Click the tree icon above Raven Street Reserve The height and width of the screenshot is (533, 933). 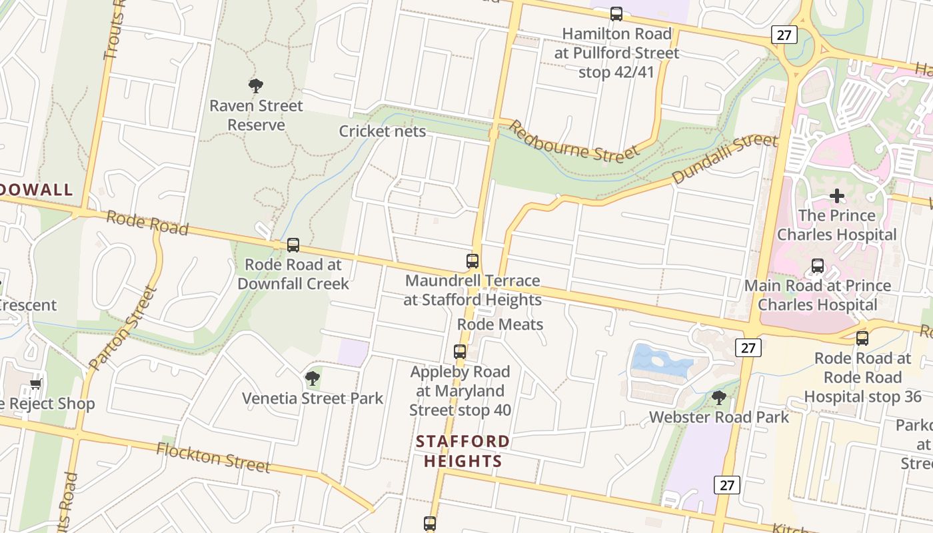256,85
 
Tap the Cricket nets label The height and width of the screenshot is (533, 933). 382,131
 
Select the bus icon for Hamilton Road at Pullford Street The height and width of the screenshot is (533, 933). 616,13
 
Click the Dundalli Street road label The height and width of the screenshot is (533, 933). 724,159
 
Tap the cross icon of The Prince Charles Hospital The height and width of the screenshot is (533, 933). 837,196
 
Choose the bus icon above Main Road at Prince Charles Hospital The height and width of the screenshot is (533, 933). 818,266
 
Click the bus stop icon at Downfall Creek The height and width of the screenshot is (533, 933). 293,245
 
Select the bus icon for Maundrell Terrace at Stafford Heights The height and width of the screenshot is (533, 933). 472,261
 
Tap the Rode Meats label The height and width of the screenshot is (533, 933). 500,324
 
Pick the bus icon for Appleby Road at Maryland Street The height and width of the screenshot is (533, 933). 460,351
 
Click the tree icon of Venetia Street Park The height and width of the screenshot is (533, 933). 312,378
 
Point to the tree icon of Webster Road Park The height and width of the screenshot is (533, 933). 719,398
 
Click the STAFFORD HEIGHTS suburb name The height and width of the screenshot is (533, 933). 463,451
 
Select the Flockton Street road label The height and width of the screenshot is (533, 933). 213,458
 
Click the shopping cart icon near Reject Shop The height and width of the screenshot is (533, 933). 35,384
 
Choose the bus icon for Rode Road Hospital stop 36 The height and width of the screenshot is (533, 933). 862,338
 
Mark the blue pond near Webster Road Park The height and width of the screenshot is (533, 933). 660,360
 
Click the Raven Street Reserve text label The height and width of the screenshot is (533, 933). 256,115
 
